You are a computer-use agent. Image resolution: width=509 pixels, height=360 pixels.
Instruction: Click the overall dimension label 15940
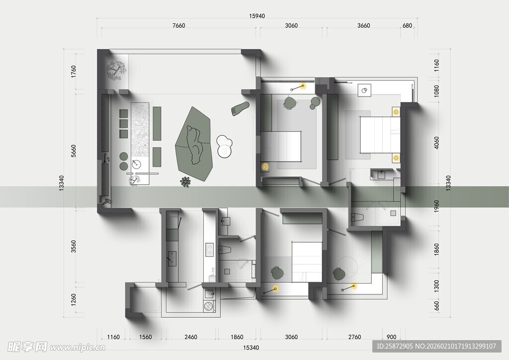(x=257, y=16)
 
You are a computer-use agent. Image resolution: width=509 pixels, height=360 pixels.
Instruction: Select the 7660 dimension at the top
(x=178, y=26)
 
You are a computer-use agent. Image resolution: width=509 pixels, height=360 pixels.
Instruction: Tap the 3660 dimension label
(x=363, y=26)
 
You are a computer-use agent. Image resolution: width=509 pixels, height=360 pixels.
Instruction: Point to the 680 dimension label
(x=407, y=26)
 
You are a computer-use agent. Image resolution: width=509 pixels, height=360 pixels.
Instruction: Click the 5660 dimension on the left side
(x=74, y=151)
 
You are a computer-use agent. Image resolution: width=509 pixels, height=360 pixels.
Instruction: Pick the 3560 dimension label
(x=74, y=247)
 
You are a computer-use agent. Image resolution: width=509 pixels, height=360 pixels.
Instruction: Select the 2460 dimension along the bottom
(x=190, y=337)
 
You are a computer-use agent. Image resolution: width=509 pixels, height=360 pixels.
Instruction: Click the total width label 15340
(x=251, y=348)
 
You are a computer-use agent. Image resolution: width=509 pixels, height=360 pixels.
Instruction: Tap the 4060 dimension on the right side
(x=436, y=143)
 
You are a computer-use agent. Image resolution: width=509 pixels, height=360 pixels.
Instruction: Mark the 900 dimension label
(x=392, y=337)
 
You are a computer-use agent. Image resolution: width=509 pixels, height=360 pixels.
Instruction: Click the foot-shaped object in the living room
(x=240, y=108)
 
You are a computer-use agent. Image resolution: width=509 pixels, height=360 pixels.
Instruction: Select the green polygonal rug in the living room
(x=194, y=144)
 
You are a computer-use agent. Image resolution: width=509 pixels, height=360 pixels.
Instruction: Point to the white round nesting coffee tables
(x=224, y=146)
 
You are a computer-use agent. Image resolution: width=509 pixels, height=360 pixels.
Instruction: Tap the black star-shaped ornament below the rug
(x=185, y=182)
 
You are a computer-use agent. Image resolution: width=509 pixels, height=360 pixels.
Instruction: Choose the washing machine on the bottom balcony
(x=209, y=306)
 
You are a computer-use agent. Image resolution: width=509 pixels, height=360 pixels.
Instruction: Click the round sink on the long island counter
(x=137, y=164)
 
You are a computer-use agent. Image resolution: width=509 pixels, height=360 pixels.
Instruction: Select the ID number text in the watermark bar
(x=395, y=347)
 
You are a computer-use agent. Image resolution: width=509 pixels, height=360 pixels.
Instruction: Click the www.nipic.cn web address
(x=78, y=348)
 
